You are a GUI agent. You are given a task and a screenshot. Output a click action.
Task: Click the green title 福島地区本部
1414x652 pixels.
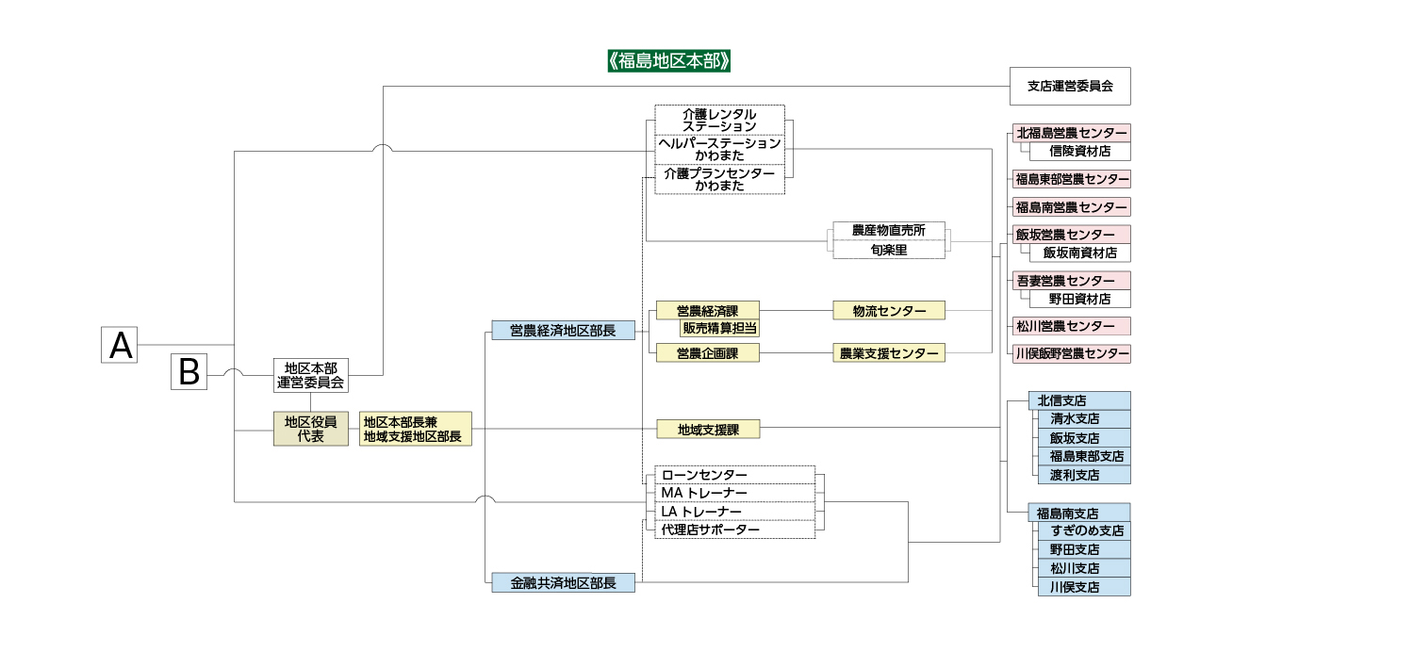click(670, 61)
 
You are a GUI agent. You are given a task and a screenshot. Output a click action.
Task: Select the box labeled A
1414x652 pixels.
click(120, 345)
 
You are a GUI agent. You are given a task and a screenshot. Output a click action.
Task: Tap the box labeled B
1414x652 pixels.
click(189, 373)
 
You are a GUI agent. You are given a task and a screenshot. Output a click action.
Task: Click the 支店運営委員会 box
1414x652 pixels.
click(1070, 86)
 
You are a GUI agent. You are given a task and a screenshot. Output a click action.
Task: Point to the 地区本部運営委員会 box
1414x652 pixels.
click(310, 375)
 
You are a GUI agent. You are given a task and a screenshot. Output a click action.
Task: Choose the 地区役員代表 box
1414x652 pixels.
click(310, 429)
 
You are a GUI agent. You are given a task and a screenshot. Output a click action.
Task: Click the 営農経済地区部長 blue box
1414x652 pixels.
click(563, 330)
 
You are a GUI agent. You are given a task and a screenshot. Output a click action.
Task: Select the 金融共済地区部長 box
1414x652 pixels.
click(563, 583)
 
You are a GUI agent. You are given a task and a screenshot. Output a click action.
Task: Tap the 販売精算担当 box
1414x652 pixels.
click(720, 328)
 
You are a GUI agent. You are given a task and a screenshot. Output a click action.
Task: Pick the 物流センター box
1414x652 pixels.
click(889, 310)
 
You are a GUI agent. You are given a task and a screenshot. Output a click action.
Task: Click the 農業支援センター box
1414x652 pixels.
click(889, 353)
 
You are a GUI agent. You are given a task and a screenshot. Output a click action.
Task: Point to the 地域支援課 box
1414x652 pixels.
click(708, 430)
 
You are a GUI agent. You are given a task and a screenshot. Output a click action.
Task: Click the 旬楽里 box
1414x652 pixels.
click(889, 250)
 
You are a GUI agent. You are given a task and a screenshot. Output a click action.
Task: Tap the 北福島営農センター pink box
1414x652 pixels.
click(1072, 133)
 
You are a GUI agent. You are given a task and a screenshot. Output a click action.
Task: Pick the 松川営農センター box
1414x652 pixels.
click(1072, 326)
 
